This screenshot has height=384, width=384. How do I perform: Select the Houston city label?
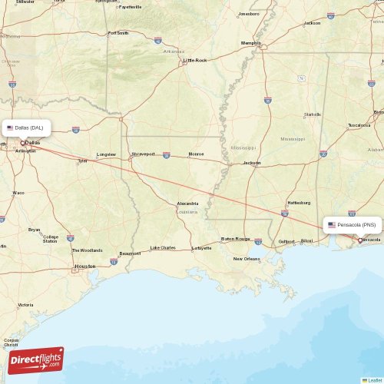(x=84, y=266)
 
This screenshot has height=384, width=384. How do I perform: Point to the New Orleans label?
(x=247, y=259)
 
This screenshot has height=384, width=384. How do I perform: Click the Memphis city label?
(x=251, y=43)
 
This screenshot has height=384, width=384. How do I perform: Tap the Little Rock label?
(x=195, y=60)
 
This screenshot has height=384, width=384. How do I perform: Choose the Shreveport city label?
(x=143, y=154)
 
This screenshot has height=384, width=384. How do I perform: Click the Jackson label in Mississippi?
(x=252, y=163)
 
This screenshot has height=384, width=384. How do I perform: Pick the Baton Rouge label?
(x=236, y=239)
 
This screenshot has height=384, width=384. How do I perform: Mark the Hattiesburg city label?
(x=299, y=203)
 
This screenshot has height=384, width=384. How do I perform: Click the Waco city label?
(x=18, y=193)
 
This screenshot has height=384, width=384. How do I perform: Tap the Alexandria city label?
(x=187, y=204)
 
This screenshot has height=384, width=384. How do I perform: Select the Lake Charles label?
(x=163, y=247)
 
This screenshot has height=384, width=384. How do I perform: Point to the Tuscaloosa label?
(x=359, y=124)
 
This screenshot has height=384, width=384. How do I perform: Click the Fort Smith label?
(x=118, y=33)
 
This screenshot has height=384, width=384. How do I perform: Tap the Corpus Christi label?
(x=11, y=342)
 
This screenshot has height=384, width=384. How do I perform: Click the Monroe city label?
(x=196, y=154)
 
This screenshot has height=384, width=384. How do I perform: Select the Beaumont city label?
(x=130, y=253)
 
